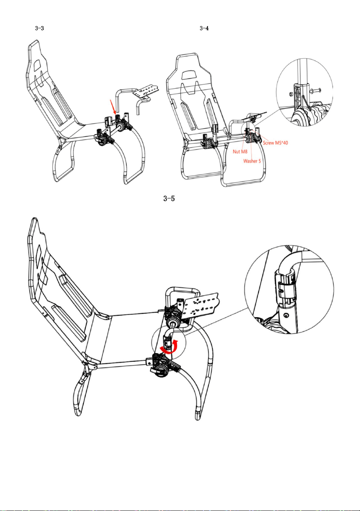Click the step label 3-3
39,28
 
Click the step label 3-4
204,28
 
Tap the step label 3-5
169,198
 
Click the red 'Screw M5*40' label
275,143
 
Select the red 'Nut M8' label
240,151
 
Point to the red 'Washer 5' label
252,161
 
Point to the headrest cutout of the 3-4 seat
189,74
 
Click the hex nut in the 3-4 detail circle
291,94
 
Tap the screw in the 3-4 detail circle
315,91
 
